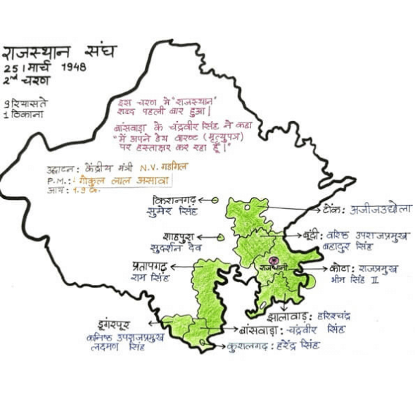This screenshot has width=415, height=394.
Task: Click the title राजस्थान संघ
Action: (x=60, y=52)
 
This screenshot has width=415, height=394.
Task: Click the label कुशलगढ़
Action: (x=255, y=346)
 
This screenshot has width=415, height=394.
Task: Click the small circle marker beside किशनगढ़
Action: (x=215, y=201)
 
